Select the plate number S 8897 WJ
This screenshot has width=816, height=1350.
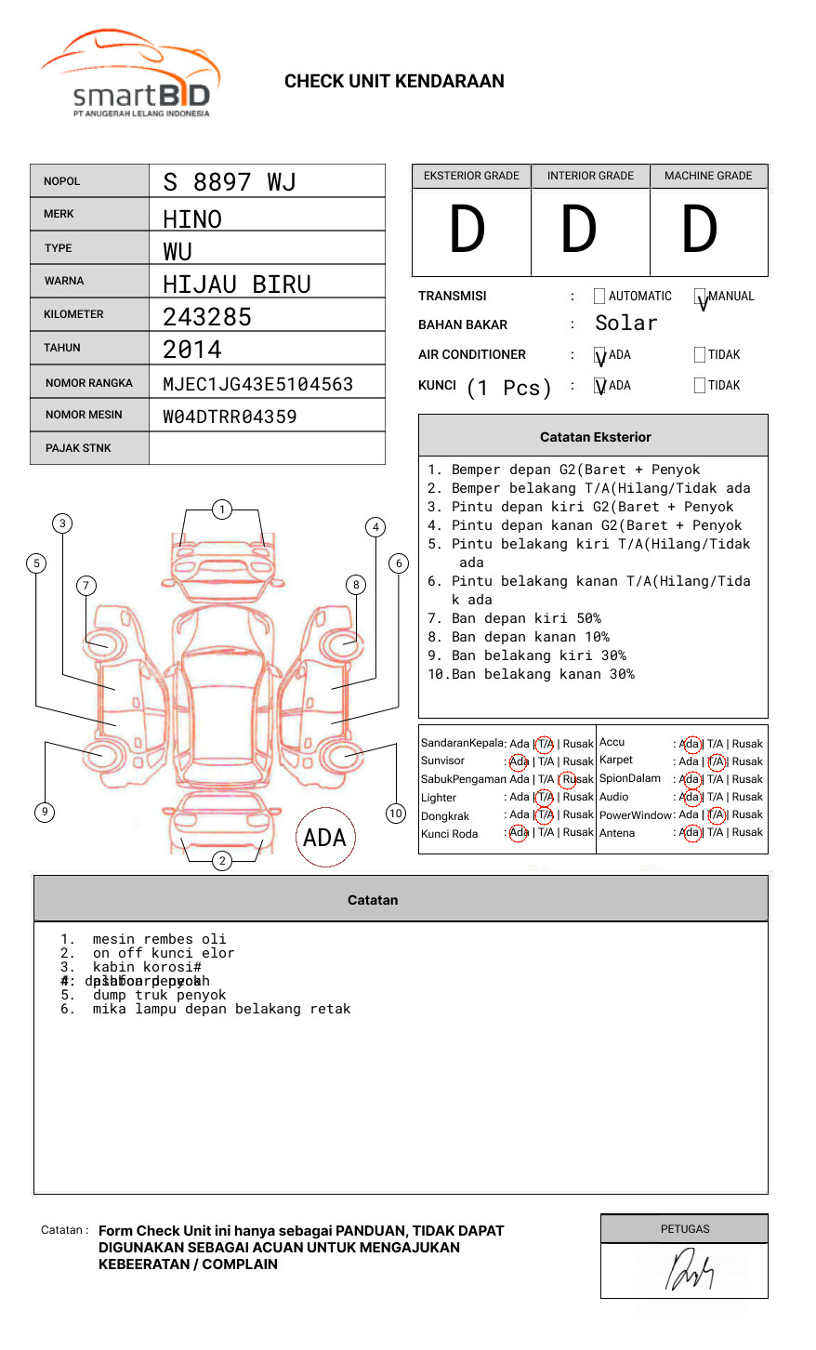[230, 181]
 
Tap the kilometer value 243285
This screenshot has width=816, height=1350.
[207, 317]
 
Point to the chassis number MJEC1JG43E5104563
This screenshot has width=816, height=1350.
[257, 384]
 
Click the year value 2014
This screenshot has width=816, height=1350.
[192, 350]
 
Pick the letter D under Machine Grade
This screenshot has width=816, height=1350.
[700, 231]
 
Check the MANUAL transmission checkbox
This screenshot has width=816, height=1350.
[701, 297]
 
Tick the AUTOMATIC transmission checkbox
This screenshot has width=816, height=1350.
[599, 297]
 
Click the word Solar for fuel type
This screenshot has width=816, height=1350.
[625, 324]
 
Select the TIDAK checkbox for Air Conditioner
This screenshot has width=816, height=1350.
[700, 355]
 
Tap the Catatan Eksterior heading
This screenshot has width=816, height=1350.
[595, 437]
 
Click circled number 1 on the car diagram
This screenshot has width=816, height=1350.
[221, 510]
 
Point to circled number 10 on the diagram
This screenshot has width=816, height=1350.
[396, 814]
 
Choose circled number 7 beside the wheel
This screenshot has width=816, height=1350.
[86, 585]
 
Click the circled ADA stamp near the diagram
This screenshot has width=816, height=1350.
[324, 838]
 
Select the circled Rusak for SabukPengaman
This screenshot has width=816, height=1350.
[568, 779]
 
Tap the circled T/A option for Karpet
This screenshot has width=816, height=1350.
[716, 761]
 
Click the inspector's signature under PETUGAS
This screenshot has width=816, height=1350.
[689, 1271]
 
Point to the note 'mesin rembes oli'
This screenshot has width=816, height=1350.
[159, 939]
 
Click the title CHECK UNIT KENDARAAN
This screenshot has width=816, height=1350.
[394, 82]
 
